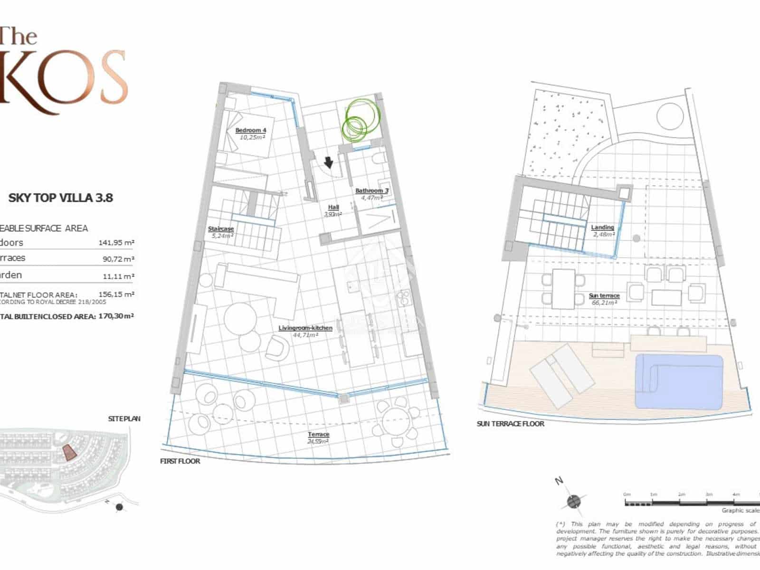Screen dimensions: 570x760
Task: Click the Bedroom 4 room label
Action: [x=251, y=133]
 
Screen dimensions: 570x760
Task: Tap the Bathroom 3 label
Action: [x=371, y=194]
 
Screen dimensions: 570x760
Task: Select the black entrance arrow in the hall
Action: [x=328, y=163]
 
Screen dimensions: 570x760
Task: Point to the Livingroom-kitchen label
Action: [x=305, y=331]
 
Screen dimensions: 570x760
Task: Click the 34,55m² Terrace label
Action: [x=318, y=437]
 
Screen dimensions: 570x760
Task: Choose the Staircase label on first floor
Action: [x=221, y=232]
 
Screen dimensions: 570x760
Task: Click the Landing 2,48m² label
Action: [x=602, y=230]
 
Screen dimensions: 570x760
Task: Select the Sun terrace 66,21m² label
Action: [x=604, y=299]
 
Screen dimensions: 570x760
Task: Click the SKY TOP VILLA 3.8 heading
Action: [x=61, y=198]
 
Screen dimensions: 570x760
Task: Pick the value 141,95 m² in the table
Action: [x=116, y=243]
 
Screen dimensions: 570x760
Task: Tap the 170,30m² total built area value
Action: [x=116, y=316]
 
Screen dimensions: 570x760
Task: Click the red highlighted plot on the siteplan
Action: [x=69, y=453]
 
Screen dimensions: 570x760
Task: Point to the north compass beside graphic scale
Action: [x=573, y=501]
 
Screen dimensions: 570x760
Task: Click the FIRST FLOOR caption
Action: [x=180, y=461]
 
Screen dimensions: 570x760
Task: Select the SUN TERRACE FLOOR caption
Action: [x=511, y=424]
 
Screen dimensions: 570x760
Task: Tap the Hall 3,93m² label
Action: [x=333, y=210]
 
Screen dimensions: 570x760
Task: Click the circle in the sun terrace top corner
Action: [x=670, y=116]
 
